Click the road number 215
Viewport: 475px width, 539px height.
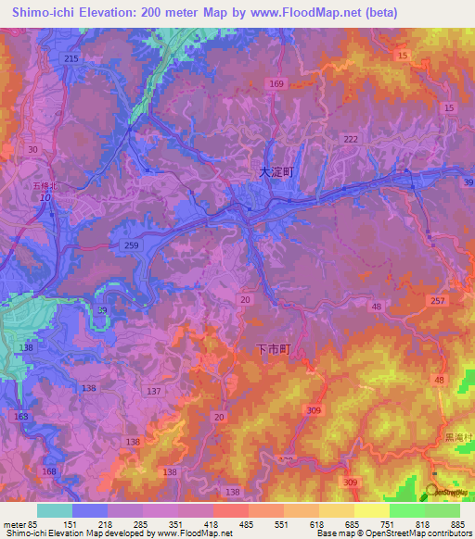pos(72,58)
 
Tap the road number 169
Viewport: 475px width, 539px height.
pos(276,84)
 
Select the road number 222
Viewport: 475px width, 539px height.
pos(350,138)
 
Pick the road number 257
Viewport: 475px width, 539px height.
pos(438,301)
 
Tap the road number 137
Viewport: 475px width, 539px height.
pos(153,392)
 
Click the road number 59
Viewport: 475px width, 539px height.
pos(103,311)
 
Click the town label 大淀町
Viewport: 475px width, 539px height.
pos(276,171)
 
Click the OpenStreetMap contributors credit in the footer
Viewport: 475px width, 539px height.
pos(408,533)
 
